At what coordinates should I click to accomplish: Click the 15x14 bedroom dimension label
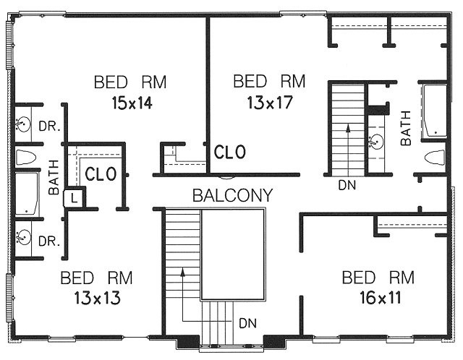[x=132, y=103]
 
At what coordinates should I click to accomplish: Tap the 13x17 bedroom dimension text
[x=270, y=103]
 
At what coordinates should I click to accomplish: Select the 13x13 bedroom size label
[x=97, y=297]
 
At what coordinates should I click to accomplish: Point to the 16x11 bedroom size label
[x=381, y=297]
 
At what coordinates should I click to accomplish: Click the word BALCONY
[x=232, y=195]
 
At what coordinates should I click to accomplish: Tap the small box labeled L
[x=75, y=197]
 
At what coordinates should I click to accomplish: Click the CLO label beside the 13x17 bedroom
[x=230, y=152]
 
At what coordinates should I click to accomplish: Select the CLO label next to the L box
[x=101, y=174]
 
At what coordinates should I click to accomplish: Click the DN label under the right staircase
[x=347, y=185]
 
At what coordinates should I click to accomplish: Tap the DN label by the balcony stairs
[x=247, y=323]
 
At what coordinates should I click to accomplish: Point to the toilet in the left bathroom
[x=26, y=158]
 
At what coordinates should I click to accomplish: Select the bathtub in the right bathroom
[x=434, y=111]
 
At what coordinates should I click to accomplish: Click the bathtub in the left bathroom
[x=27, y=194]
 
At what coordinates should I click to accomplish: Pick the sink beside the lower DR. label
[x=24, y=237]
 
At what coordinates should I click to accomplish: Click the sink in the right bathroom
[x=376, y=142]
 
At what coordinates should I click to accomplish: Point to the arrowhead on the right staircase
[x=349, y=127]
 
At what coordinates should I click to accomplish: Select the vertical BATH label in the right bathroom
[x=406, y=128]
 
